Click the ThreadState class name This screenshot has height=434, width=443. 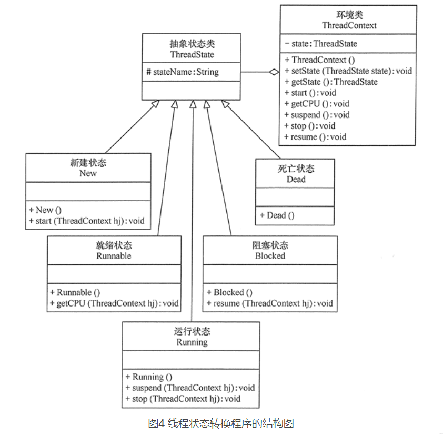coord(192,54)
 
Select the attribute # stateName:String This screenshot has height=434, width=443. coord(183,72)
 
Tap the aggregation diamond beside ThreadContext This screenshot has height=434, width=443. coord(274,72)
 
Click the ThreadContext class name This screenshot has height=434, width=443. coord(349,25)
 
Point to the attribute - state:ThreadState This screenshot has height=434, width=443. coord(321,43)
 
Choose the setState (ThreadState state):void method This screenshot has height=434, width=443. coord(348,71)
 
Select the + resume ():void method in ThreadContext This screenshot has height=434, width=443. coord(315,137)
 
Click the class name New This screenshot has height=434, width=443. coord(88,173)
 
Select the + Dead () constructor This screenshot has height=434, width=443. coord(277,215)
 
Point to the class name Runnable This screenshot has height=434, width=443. coord(114,256)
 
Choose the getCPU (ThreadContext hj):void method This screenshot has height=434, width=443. coord(114,303)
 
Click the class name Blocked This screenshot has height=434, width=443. coord(270,256)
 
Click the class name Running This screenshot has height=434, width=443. coord(192,342)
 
